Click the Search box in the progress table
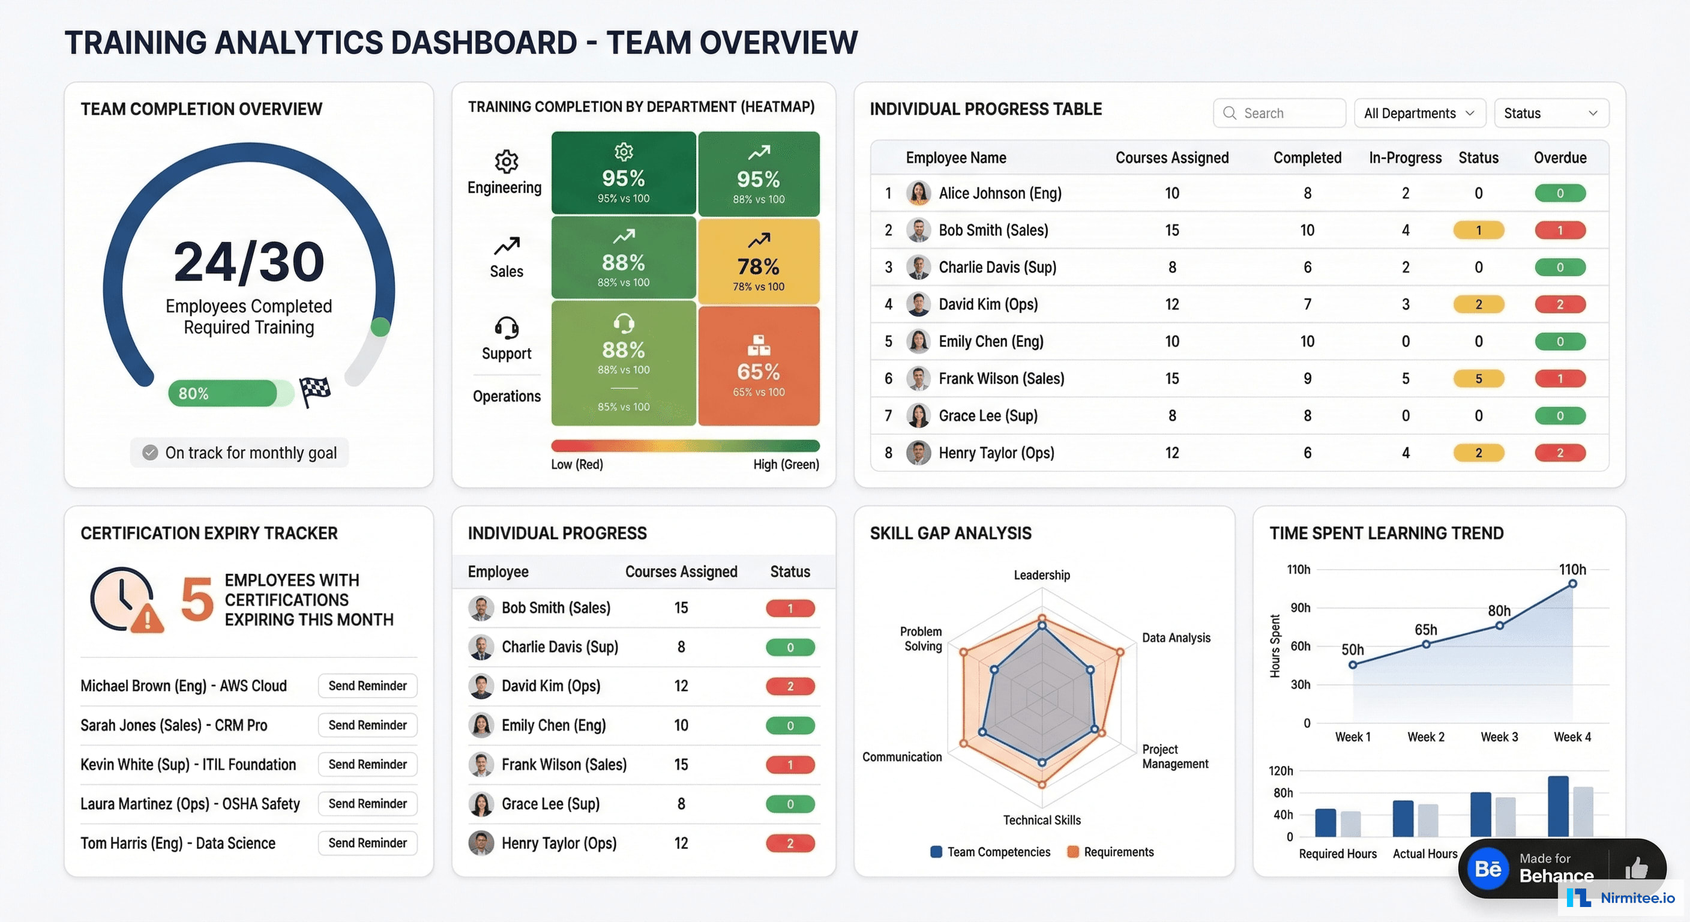click(x=1279, y=113)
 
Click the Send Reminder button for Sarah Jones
click(x=367, y=725)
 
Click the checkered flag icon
click(x=315, y=391)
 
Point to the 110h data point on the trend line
click(x=1572, y=583)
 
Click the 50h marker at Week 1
click(x=1352, y=664)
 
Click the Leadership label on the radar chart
click(x=1041, y=575)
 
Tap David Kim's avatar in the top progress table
click(x=918, y=304)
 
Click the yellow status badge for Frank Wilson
click(x=1478, y=379)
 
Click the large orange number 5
click(x=197, y=598)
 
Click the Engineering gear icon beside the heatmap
click(x=506, y=161)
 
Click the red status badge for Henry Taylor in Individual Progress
click(x=790, y=843)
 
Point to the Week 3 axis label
click(x=1499, y=737)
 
